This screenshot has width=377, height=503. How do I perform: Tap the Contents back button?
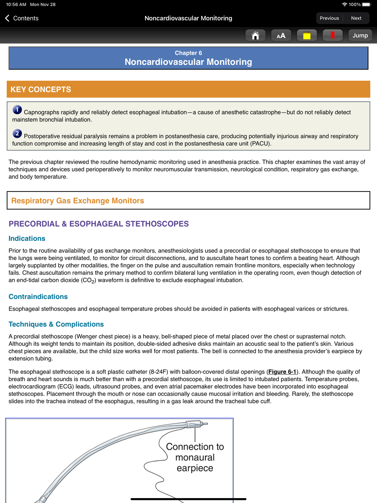pos(22,18)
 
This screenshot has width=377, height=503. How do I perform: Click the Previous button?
pos(329,18)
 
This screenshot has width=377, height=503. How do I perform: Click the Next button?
pos(356,18)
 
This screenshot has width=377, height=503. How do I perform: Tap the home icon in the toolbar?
pos(255,35)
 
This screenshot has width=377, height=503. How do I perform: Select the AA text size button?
pos(281,35)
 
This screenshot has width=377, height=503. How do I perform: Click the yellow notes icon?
pos(307,35)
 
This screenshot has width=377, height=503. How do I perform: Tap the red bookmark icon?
pos(333,35)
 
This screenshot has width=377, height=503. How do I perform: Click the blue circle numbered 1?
pos(17,110)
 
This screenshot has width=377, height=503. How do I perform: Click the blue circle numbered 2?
pos(17,133)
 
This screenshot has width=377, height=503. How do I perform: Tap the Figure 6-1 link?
pos(282,372)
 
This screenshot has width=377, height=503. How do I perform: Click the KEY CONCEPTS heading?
pos(41,89)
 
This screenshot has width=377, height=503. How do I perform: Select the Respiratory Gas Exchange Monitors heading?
pos(78,201)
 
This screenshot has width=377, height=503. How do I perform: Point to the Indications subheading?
pos(27,238)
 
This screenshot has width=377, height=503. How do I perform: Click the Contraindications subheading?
pos(38,297)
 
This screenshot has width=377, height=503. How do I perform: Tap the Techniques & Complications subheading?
pos(56,324)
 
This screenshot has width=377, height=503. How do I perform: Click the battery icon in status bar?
pos(366,5)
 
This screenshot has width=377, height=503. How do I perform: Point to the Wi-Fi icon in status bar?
pos(345,5)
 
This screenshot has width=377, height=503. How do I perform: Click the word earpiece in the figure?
pos(195,468)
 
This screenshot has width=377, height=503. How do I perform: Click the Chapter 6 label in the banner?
pos(188,53)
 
